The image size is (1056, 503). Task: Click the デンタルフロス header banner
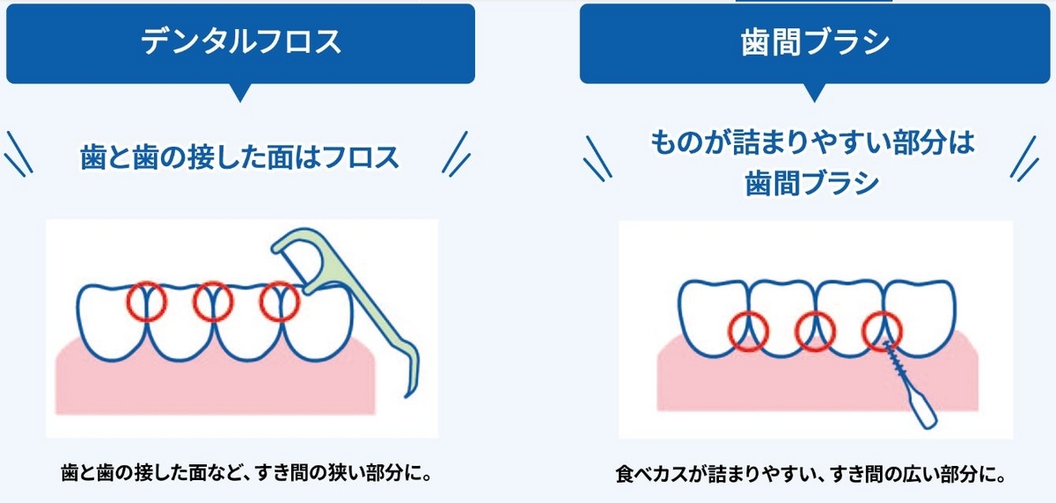click(x=240, y=43)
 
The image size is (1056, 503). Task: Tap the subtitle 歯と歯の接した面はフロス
click(x=238, y=158)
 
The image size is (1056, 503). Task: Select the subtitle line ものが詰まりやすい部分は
click(x=813, y=142)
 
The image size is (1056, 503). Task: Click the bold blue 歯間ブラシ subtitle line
click(x=813, y=183)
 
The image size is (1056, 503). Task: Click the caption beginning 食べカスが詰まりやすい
click(x=810, y=475)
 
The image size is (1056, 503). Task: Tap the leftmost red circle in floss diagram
click(x=144, y=302)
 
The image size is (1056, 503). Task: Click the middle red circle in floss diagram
click(x=212, y=302)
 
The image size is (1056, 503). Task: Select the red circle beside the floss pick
click(x=280, y=302)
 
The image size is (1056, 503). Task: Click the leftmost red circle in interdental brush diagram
click(x=749, y=331)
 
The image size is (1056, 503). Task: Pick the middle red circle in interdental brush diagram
click(x=815, y=331)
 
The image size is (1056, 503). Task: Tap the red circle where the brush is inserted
click(x=882, y=331)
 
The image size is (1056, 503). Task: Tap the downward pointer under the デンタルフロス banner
click(x=239, y=92)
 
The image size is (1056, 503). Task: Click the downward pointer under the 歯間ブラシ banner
click(x=813, y=92)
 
